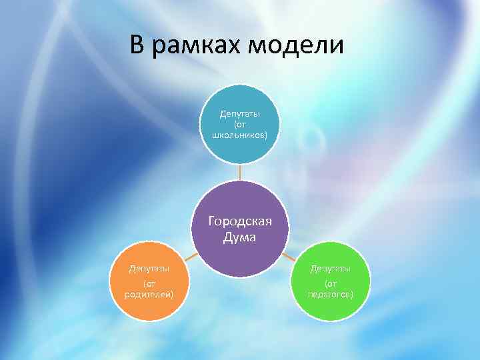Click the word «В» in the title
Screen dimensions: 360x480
click(x=137, y=45)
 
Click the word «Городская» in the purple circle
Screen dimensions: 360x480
click(x=240, y=221)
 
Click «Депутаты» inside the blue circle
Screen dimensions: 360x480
click(x=240, y=114)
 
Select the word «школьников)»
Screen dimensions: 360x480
click(x=240, y=135)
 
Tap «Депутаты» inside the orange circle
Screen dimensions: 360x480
click(x=149, y=269)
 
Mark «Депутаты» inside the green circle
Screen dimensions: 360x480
click(x=330, y=269)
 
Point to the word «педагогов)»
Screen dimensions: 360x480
click(x=330, y=294)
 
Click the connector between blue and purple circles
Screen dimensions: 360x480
click(x=240, y=173)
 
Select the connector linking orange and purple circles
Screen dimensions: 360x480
click(x=191, y=256)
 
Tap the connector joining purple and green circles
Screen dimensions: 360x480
click(x=289, y=256)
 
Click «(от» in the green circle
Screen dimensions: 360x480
click(x=330, y=283)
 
